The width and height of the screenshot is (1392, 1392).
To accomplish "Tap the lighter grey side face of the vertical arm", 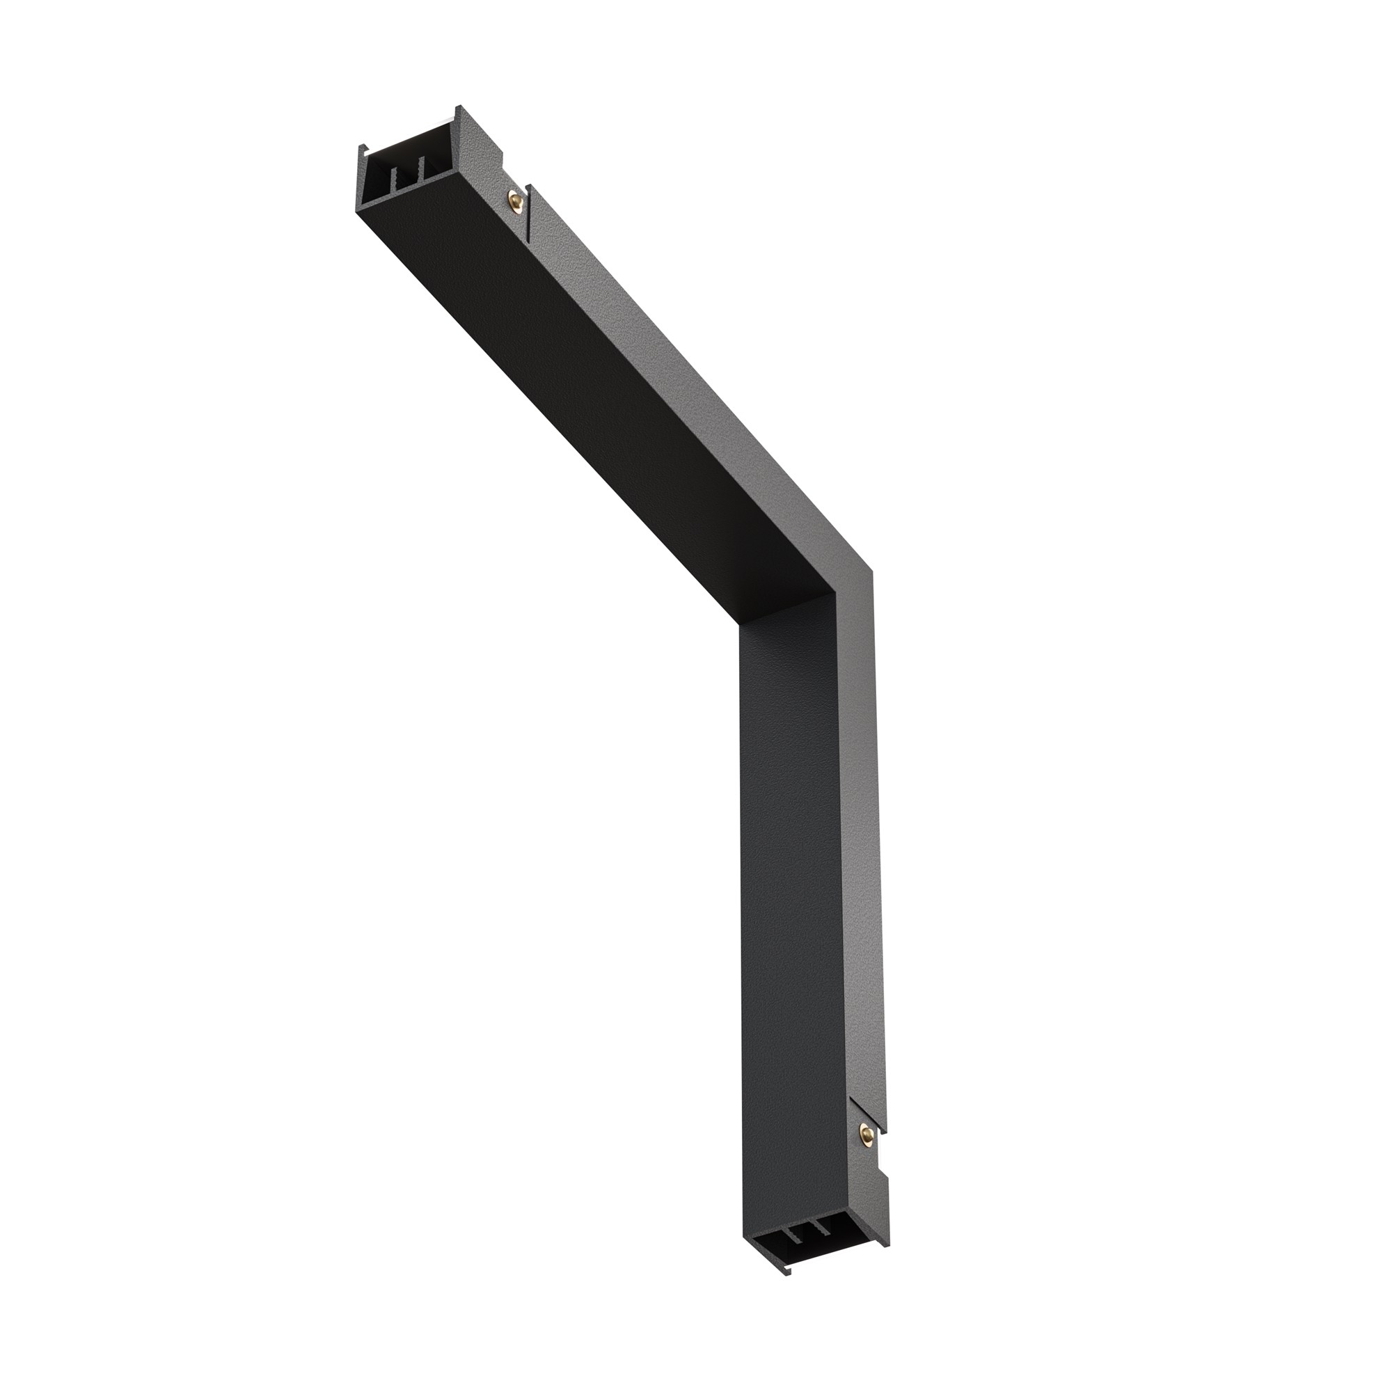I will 862,864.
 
